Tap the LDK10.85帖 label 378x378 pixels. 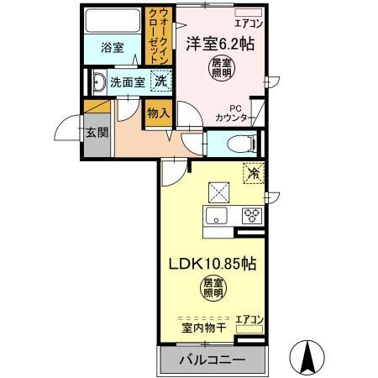tap(213, 263)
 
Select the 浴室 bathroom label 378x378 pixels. tap(113, 48)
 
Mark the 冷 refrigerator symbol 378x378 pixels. tap(251, 174)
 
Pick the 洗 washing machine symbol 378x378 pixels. tap(159, 81)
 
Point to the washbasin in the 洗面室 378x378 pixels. tap(98, 82)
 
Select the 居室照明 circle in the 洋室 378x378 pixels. tap(221, 67)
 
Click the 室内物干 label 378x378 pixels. tap(202, 327)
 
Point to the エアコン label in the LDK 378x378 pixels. tap(249, 318)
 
